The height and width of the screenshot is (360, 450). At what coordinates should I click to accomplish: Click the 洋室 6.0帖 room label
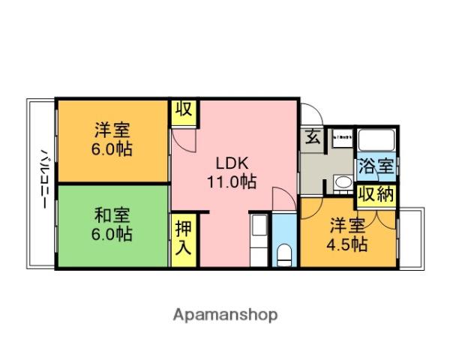click(113, 138)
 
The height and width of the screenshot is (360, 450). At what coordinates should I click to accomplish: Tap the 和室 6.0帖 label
click(113, 224)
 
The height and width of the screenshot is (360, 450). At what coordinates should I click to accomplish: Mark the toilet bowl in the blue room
click(284, 255)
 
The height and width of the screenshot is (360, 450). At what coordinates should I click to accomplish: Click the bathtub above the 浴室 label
click(375, 141)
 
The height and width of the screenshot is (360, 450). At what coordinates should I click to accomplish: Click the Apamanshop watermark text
click(225, 314)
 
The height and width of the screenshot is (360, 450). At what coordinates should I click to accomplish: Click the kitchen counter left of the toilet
click(258, 238)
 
